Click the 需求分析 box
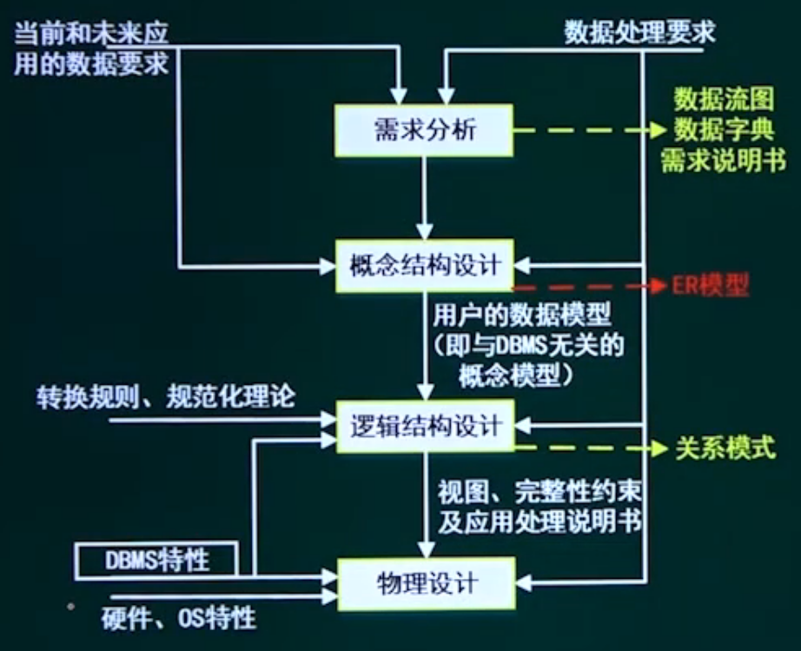pos(424,130)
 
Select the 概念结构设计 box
pos(424,266)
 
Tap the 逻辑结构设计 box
pos(425,426)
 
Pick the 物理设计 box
pos(427,583)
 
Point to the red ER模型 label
pos(710,285)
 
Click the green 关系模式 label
pos(725,448)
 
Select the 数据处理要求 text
pos(639,32)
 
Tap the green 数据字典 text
pos(724,130)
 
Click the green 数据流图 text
pos(724,98)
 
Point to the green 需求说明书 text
pos(724,161)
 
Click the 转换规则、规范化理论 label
pos(166,396)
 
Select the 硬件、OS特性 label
pos(178,619)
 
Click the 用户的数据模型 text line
pos(521,315)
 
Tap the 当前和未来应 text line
pos(91,34)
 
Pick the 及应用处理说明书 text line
pos(540,522)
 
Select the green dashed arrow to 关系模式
pos(591,448)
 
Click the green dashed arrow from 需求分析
pos(590,130)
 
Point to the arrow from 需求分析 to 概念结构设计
pos(424,198)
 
